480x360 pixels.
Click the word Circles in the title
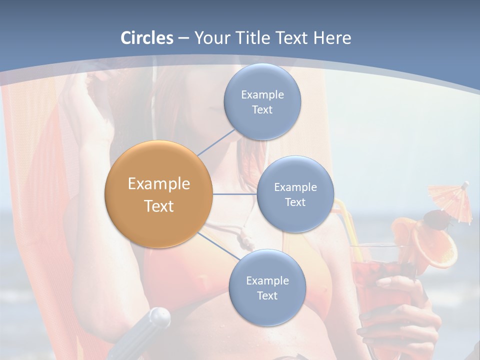(x=147, y=37)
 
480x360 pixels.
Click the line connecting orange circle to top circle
(x=216, y=142)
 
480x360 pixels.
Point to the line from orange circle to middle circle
(x=234, y=194)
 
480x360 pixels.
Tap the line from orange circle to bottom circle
(x=219, y=246)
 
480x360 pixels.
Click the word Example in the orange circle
(x=158, y=183)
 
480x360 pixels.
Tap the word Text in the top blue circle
(x=262, y=110)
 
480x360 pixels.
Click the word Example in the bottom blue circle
(x=267, y=280)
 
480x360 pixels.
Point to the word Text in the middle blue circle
(x=295, y=202)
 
